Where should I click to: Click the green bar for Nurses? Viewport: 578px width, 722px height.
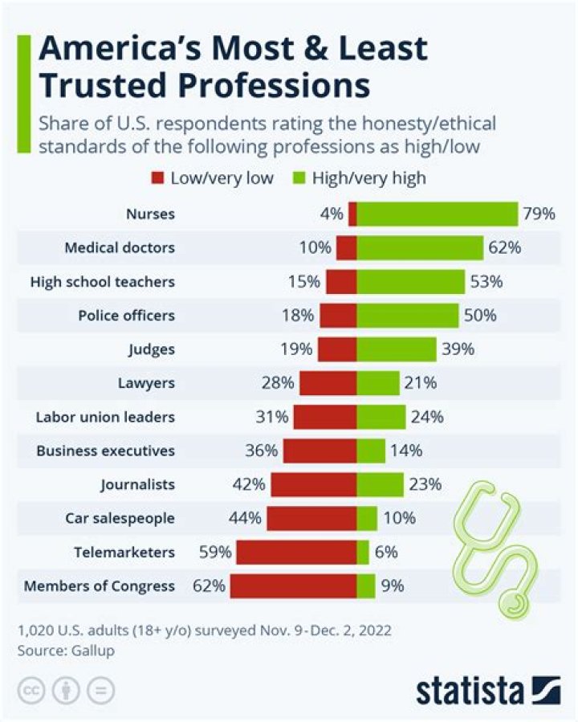coord(438,214)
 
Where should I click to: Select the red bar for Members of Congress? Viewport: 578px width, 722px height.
coord(293,585)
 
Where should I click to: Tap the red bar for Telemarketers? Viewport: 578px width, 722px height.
coord(296,552)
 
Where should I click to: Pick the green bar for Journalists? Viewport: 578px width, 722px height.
coord(380,484)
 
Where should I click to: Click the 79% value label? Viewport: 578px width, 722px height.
coord(539,214)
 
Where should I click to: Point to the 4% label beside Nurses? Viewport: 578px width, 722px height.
coord(332,214)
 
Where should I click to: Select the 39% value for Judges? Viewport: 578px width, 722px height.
coord(458,349)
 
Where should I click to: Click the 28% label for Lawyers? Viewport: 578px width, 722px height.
coord(277,383)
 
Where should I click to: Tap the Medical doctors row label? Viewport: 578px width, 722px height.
coord(120,248)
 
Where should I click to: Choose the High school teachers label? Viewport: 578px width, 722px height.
coord(102,282)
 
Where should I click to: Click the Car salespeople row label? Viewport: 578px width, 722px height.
coord(120,518)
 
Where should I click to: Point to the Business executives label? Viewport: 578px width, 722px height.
coord(105,451)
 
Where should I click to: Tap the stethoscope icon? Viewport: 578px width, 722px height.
coord(498,546)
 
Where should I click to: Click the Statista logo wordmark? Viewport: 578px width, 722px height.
coord(470,690)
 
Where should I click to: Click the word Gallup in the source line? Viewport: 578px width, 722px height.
coord(92,651)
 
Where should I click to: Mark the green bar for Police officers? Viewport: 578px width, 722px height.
coord(408,316)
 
